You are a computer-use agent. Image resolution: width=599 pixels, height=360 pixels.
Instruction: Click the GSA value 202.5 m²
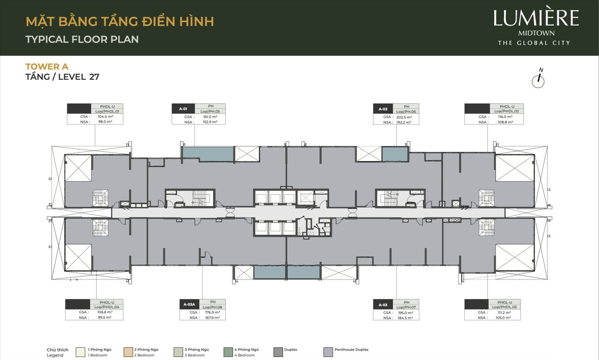404,117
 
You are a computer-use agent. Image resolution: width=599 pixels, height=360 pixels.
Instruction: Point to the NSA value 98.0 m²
105,122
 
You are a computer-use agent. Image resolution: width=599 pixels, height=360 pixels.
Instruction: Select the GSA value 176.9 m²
212,312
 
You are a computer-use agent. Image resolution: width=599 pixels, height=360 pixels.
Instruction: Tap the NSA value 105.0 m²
503,318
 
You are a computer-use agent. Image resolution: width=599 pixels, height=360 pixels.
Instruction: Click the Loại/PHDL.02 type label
506,111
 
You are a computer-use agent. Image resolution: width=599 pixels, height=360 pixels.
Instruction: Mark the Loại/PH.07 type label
406,307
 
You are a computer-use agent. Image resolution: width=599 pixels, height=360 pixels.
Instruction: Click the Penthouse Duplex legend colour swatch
328,352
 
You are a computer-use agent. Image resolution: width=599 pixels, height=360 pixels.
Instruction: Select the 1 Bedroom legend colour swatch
81,352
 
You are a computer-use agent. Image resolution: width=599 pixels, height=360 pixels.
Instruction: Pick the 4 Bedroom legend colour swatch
228,352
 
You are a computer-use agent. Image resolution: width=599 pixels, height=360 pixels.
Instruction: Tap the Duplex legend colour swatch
278,352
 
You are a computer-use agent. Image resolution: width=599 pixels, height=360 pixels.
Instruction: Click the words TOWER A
47,67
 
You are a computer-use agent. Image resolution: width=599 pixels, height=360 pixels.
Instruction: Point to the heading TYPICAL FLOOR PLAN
82,40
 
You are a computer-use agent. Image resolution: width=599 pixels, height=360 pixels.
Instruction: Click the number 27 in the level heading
94,77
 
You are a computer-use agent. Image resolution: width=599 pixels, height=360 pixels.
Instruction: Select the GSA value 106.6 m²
105,312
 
